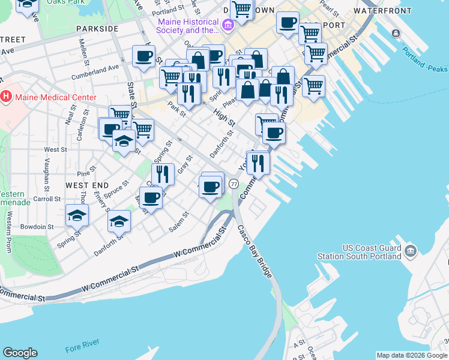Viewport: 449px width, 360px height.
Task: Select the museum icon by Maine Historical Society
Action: pyautogui.click(x=228, y=25)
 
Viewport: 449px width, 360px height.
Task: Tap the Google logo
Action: pyautogui.click(x=20, y=353)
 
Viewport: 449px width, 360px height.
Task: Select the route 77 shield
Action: pyautogui.click(x=234, y=183)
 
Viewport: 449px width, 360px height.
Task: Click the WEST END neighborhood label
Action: pyautogui.click(x=87, y=185)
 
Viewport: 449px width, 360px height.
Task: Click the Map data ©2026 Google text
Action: pyautogui.click(x=412, y=355)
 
